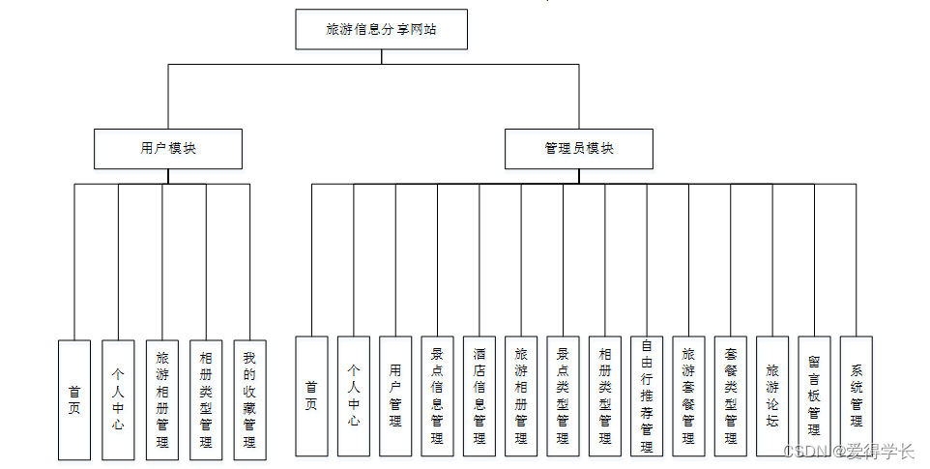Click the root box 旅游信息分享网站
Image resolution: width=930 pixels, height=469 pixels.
coord(381,29)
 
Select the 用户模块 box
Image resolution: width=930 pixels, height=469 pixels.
coord(168,149)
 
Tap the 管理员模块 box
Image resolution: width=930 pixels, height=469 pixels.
coord(579,149)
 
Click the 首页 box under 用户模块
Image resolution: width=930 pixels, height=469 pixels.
coord(74,399)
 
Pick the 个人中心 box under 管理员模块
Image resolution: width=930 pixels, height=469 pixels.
coord(354,396)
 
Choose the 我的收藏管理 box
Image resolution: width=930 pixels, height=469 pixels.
coord(249,399)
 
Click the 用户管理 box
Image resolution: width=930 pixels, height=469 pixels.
coord(395,396)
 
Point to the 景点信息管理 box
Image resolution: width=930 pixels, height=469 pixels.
coord(437,396)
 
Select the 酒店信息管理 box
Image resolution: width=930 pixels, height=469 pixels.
coord(480,396)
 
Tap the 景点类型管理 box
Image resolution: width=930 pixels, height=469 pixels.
coord(563,396)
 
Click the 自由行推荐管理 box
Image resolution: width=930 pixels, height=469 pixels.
coord(647,396)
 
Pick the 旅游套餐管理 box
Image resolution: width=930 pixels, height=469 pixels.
coord(688,396)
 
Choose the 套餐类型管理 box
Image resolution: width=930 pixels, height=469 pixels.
coord(731,396)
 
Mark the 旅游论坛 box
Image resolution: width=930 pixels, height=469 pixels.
coord(772,396)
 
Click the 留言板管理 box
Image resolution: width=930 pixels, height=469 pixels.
coord(814,396)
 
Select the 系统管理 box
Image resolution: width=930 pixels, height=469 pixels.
coord(857,396)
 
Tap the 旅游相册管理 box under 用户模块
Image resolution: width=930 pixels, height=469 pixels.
coord(161,399)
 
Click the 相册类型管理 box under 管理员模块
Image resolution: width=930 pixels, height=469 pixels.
coord(605,396)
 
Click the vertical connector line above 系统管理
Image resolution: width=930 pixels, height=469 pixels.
coord(857,260)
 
